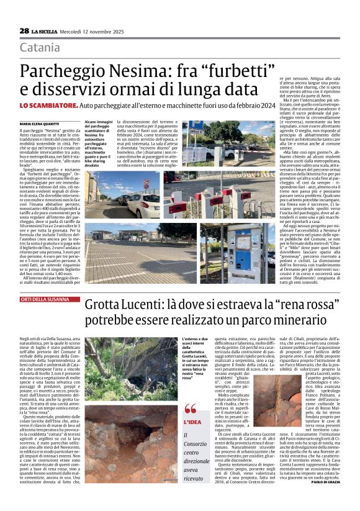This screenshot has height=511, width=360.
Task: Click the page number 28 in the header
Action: click(x=24, y=30)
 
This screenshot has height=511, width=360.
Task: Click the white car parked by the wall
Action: click(x=143, y=203)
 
